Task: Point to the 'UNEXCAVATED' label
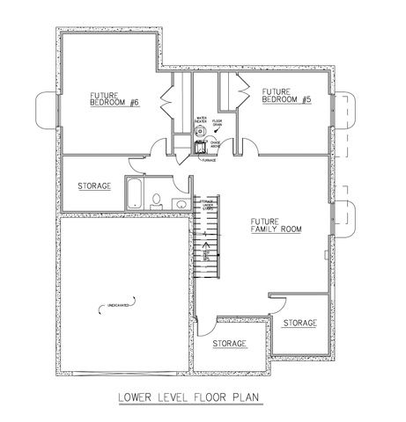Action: click(x=118, y=305)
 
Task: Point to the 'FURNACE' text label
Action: click(x=209, y=160)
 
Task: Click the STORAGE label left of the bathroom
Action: click(x=93, y=186)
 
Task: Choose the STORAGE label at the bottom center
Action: click(x=228, y=342)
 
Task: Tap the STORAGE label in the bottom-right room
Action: click(x=299, y=324)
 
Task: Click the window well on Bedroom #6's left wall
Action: click(x=45, y=110)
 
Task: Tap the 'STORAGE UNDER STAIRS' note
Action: click(x=208, y=207)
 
